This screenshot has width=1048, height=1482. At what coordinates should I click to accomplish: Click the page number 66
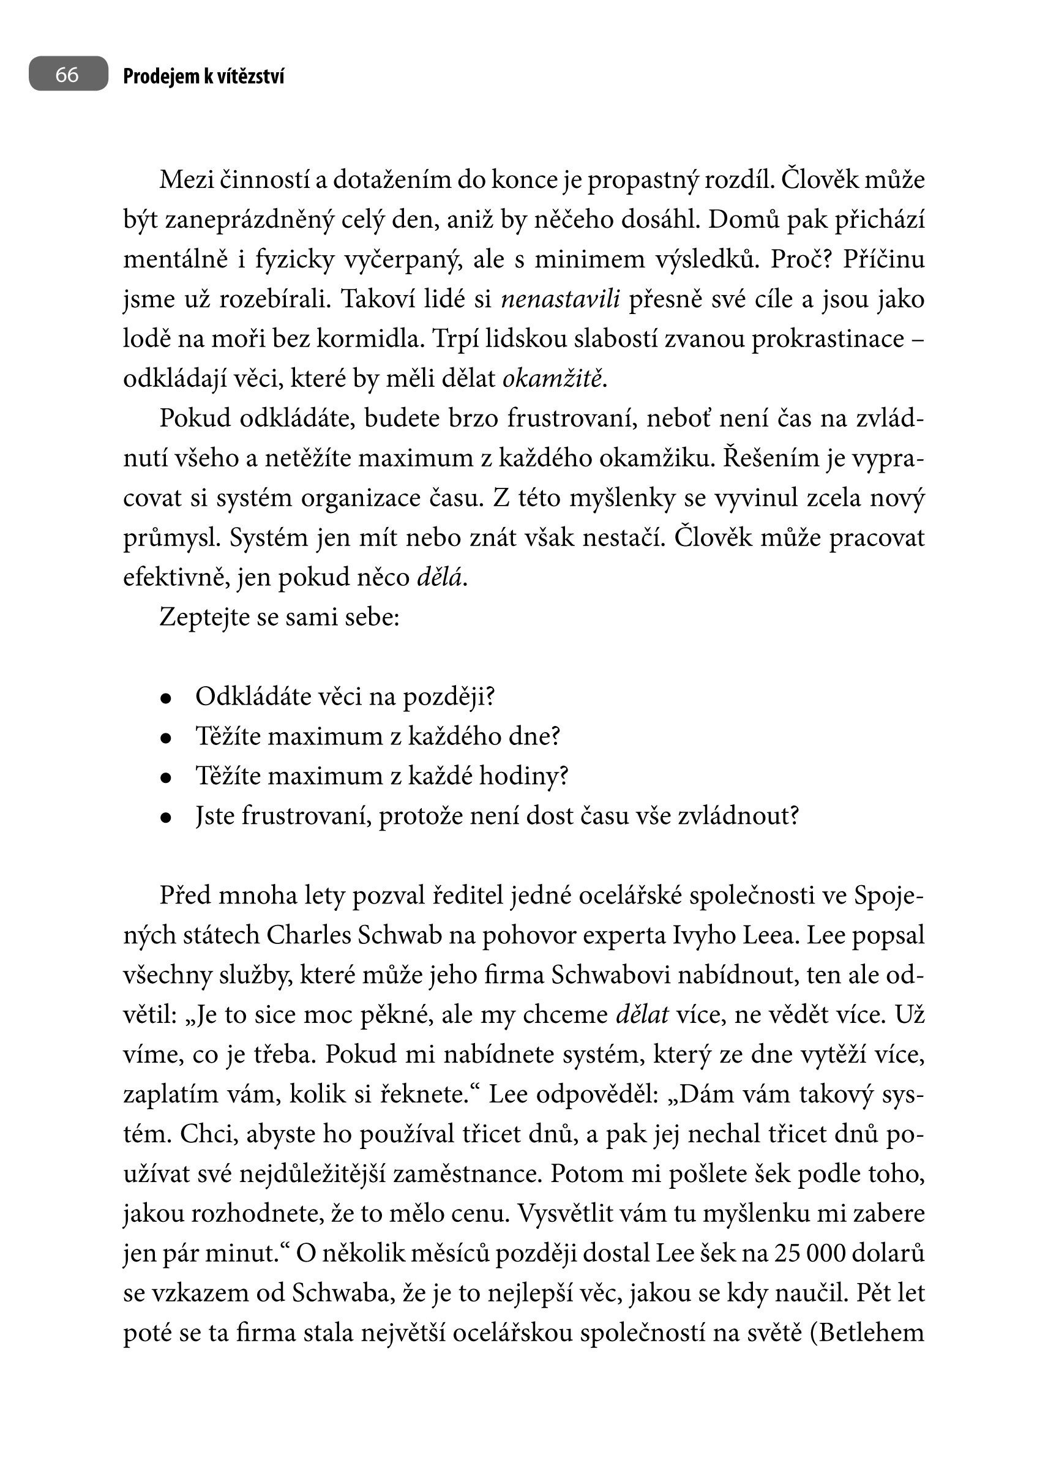coord(67,74)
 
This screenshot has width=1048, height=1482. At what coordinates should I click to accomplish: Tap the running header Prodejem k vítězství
coord(203,77)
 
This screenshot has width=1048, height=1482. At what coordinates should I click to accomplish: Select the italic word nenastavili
coord(560,299)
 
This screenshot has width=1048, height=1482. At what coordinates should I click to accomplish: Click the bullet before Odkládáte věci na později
coord(166,698)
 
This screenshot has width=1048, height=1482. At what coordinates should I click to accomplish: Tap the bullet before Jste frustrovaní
coord(166,817)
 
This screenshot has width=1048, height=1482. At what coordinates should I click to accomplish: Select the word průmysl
coord(171,538)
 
